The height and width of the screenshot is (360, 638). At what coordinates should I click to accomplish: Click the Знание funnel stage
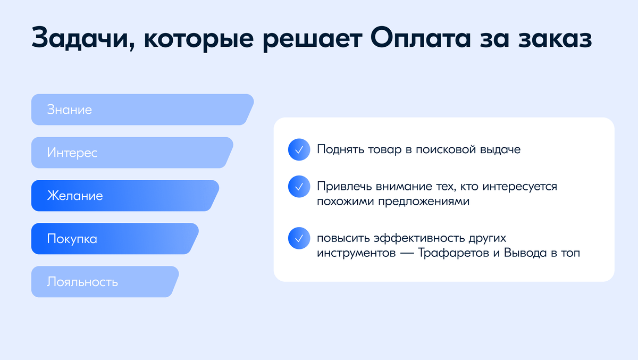point(141,110)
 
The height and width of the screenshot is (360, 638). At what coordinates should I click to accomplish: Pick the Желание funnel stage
point(124,196)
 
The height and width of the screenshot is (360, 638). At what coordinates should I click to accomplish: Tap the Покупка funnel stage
point(114,239)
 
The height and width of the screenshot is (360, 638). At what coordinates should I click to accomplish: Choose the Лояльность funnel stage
point(104,282)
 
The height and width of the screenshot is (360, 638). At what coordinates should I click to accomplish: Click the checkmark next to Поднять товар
point(299,150)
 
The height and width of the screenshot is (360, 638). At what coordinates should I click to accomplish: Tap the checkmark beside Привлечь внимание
point(299,187)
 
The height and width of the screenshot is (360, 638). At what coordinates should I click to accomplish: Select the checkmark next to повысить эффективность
point(299,239)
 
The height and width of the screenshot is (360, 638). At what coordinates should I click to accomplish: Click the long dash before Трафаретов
point(403,254)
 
